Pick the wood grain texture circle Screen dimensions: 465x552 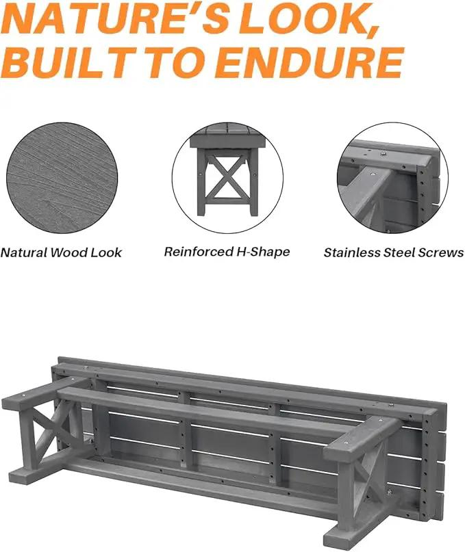click(x=62, y=178)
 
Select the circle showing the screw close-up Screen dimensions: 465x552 click(x=392, y=178)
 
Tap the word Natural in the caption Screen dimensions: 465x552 click(x=23, y=252)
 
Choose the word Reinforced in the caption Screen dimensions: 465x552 click(x=194, y=252)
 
